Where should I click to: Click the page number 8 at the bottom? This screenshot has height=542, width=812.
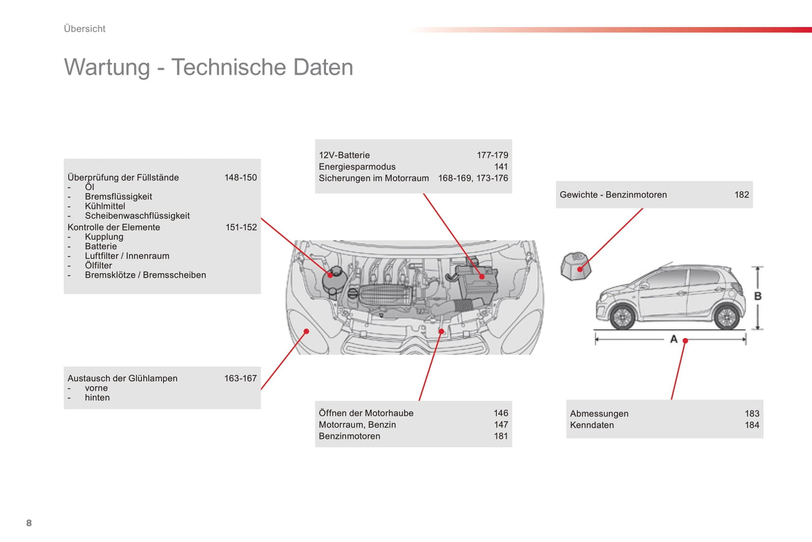(x=29, y=523)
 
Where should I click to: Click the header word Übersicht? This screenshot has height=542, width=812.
(x=84, y=29)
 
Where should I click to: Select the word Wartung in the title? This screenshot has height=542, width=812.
(x=107, y=67)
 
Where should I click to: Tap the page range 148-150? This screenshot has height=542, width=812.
(x=241, y=178)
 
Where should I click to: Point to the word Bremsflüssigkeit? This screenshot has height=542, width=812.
(x=119, y=197)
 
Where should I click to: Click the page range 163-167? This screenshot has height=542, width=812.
(x=241, y=378)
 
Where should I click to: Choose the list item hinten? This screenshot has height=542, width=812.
(x=97, y=398)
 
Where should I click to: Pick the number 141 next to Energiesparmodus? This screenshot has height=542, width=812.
(x=501, y=166)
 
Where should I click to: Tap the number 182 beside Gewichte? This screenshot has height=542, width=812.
(x=742, y=195)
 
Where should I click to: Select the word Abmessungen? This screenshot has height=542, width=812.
(x=599, y=414)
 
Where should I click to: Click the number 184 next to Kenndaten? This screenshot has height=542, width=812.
(x=752, y=425)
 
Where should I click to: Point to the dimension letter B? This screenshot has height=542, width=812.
(x=757, y=296)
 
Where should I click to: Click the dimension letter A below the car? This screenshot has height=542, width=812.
(x=674, y=339)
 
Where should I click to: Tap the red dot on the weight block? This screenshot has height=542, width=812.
(x=580, y=269)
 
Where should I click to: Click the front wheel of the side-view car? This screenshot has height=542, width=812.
(x=623, y=317)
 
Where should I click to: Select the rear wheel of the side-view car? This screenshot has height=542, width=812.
(x=727, y=317)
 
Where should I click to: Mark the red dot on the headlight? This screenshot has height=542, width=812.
(x=306, y=331)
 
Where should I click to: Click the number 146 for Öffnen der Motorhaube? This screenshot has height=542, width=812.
(x=501, y=413)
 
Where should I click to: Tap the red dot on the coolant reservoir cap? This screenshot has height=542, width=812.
(x=330, y=275)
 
